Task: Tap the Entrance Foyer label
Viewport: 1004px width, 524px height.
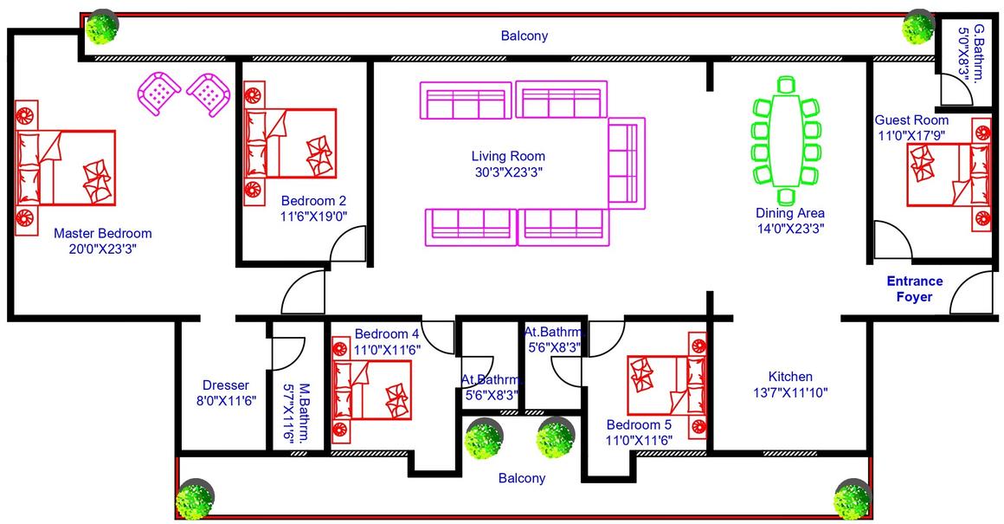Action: point(914,289)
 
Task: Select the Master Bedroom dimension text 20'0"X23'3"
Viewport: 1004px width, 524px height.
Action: point(102,249)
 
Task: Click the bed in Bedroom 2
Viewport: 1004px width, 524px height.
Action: point(292,143)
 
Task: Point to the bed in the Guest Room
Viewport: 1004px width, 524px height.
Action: point(949,174)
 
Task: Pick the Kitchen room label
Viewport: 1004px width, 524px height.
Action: point(790,377)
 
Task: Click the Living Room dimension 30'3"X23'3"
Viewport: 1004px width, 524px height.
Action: point(508,171)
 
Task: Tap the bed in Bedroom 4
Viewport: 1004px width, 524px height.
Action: point(371,390)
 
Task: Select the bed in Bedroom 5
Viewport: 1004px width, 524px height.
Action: point(666,385)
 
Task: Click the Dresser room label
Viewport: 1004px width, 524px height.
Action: point(225,385)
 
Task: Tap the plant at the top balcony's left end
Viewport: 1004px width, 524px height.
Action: point(102,28)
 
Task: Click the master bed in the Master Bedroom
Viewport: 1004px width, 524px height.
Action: point(65,168)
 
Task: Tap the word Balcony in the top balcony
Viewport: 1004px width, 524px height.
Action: point(525,36)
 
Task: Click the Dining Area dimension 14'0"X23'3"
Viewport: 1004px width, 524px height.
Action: point(790,229)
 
